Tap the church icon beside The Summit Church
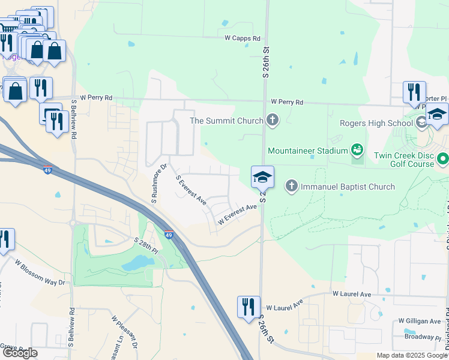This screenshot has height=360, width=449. (x=273, y=121)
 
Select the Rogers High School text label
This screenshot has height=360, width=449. (x=376, y=124)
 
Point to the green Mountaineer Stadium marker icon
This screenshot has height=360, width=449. (x=357, y=149)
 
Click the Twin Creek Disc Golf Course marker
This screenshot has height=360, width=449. (x=443, y=159)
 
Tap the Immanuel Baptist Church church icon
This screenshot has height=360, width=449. (x=292, y=186)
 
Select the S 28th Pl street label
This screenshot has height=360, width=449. (x=145, y=245)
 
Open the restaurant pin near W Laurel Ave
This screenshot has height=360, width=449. (x=248, y=307)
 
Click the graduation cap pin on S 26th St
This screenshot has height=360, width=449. (x=262, y=178)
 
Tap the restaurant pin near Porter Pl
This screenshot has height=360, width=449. (x=414, y=92)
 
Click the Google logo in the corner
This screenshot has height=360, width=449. (x=19, y=353)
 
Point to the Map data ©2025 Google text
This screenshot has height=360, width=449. (x=411, y=355)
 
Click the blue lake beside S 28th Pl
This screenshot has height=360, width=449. (x=138, y=262)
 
